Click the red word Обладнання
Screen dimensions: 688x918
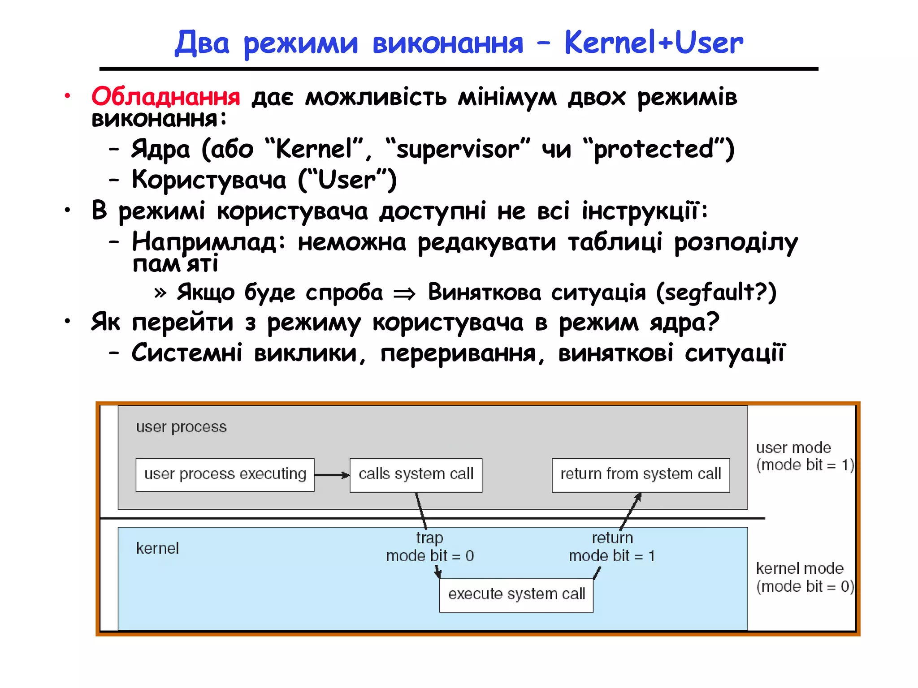(x=166, y=96)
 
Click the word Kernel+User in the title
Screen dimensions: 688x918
(x=654, y=43)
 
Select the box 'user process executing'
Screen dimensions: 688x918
(x=225, y=475)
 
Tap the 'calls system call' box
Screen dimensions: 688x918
(x=416, y=475)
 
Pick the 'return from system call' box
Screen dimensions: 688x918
(x=641, y=475)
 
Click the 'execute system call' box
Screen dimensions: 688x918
(x=516, y=595)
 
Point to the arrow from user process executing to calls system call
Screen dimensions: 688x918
(x=332, y=475)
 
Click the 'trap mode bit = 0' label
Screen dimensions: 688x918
(x=430, y=547)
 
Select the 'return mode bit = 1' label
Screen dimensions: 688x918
(x=612, y=547)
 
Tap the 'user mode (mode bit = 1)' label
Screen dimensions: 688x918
(x=804, y=456)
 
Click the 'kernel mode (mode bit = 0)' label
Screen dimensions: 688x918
(x=805, y=577)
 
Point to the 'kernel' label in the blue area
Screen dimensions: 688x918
(x=157, y=548)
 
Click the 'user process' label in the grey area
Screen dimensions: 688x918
(x=181, y=427)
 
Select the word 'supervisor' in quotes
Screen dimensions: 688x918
(x=458, y=150)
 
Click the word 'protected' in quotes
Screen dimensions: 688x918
(x=654, y=150)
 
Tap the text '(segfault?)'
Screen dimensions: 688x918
(x=716, y=292)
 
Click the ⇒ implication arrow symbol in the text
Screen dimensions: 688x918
(x=404, y=294)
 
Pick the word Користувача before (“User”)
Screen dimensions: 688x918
(x=209, y=180)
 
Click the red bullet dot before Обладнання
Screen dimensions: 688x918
(x=67, y=95)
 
